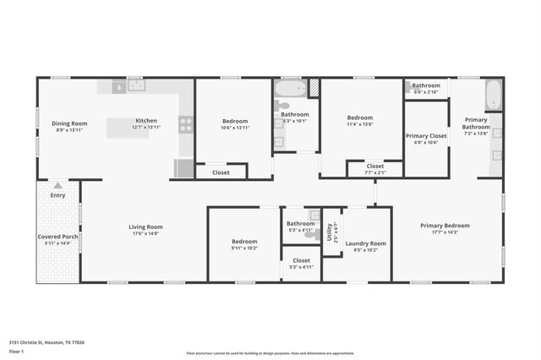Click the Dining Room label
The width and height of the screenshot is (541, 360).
pos(69,123)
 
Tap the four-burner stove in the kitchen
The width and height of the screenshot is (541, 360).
pos(186,124)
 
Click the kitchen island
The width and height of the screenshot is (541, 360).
pos(131,128)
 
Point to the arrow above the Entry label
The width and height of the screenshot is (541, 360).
pos(57,184)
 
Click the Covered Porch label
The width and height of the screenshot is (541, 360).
pos(57,237)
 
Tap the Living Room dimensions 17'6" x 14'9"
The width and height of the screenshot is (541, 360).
pos(145,234)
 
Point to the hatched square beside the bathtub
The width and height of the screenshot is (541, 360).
pos(313,86)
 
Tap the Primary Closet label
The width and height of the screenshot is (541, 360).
pos(426,135)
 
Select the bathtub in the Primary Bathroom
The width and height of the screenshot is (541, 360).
pos(493,94)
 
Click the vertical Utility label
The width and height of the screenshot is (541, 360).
pos(330,232)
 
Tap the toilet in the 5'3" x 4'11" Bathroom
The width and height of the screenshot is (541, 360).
pos(314,215)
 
